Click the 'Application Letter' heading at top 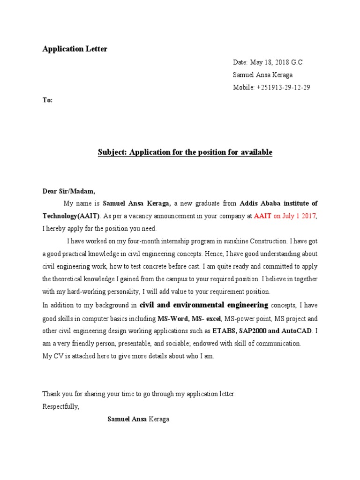75,49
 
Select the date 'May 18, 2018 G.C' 277,62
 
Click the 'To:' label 47,100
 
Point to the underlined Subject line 185,152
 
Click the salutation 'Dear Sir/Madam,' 69,191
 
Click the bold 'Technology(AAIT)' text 71,216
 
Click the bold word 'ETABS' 223,331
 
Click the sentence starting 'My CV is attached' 128,356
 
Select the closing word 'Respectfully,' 61,406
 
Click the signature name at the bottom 138,419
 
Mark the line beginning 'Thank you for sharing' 139,394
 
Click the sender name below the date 262,75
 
